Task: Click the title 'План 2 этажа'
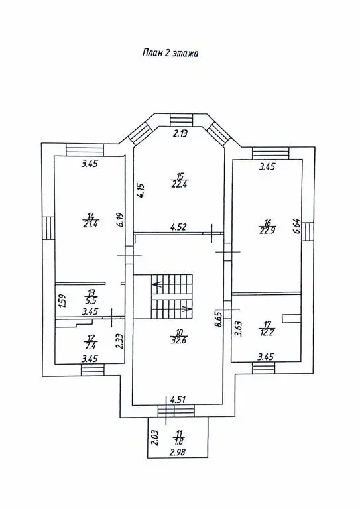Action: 170,53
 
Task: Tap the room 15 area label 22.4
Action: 180,180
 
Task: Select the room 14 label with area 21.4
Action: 90,220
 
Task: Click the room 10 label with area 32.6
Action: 179,337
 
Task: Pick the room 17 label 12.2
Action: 267,328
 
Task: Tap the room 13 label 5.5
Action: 90,296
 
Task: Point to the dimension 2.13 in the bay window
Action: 181,133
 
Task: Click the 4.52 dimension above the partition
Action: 178,227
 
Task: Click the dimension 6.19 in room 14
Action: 121,219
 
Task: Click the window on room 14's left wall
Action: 48,228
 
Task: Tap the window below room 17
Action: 264,368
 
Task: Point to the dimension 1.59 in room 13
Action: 64,302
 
